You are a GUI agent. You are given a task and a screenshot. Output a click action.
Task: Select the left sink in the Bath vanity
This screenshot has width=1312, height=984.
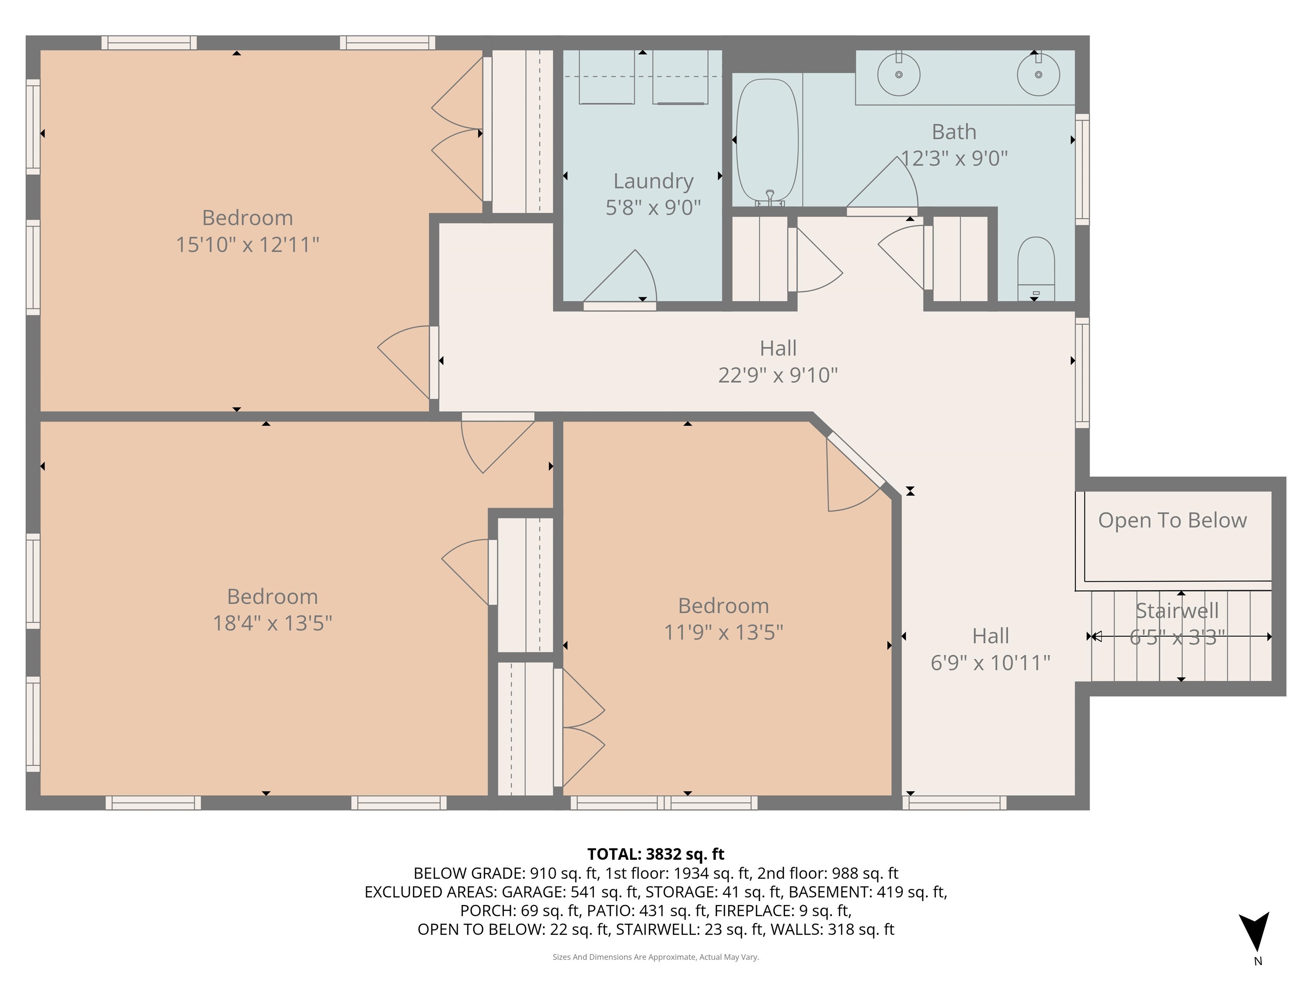click(899, 75)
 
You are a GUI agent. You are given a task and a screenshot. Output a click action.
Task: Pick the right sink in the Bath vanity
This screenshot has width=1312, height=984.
click(1038, 75)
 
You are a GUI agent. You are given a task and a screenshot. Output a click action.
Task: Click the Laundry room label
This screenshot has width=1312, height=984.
click(653, 181)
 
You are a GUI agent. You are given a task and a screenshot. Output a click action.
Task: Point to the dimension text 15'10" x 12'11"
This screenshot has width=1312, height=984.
click(247, 244)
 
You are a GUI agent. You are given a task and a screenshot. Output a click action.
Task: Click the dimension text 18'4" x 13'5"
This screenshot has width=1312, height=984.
click(272, 623)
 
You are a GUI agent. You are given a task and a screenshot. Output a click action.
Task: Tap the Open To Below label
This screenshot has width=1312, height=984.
click(1172, 520)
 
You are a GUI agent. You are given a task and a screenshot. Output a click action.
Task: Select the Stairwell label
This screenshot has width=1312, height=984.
click(1177, 610)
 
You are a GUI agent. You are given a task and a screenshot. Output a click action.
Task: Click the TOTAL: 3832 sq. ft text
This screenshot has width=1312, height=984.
click(656, 854)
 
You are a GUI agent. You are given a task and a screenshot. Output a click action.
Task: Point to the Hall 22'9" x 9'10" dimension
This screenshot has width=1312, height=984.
click(778, 375)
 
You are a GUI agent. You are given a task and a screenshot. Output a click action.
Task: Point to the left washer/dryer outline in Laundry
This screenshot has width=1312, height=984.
click(606, 78)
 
